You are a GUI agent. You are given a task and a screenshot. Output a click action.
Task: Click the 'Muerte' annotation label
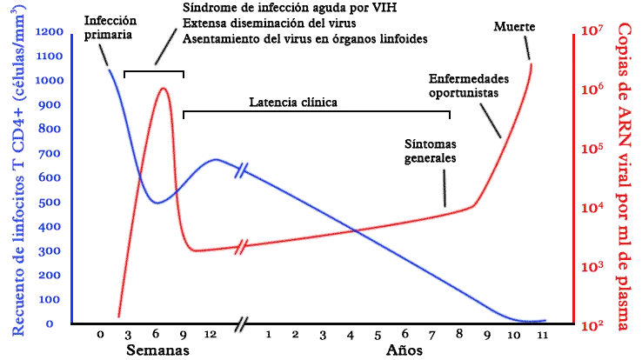click(x=514, y=27)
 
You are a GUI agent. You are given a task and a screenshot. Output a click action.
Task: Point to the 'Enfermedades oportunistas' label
click(x=465, y=84)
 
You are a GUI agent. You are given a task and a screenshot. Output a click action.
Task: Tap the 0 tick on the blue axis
click(x=51, y=323)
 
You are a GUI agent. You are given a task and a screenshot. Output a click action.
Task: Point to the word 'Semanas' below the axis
click(x=156, y=350)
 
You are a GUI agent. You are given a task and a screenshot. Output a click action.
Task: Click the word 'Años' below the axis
click(x=405, y=350)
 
